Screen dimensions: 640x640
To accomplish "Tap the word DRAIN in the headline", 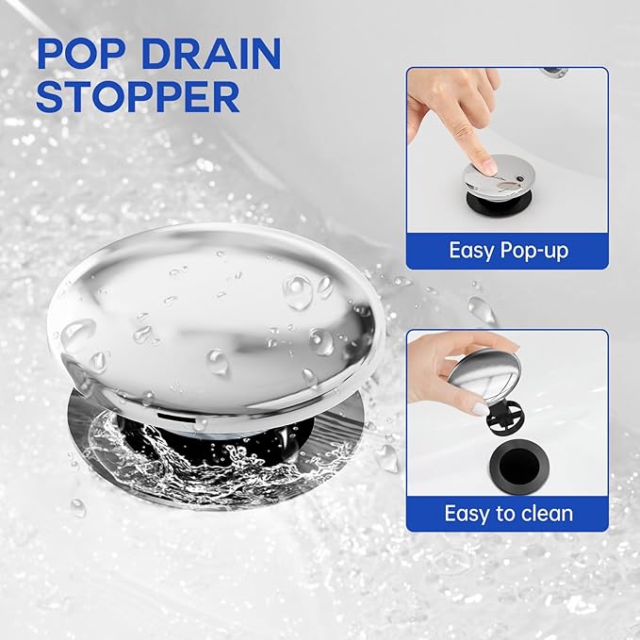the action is click(x=212, y=54).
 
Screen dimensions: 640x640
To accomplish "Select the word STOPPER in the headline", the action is click(x=138, y=97).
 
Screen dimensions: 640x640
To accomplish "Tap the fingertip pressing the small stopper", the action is click(x=487, y=165).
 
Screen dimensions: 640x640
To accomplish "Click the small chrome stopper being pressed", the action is click(x=499, y=175).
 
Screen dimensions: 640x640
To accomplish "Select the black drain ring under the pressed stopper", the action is click(x=499, y=203).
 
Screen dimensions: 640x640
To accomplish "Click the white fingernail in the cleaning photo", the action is click(x=479, y=408).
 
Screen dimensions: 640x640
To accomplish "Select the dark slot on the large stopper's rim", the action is click(x=176, y=418).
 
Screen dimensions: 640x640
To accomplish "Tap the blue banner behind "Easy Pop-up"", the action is click(x=507, y=251).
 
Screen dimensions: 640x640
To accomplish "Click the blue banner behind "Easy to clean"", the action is click(x=507, y=514).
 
